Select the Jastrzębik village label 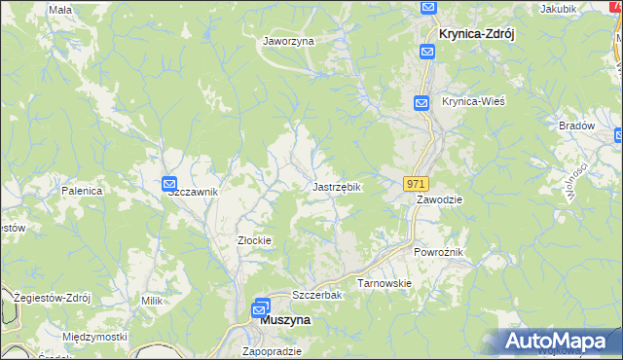[337, 186]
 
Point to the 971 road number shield [417, 183]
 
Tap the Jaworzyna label [288, 42]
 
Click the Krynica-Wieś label [473, 102]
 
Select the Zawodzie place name [439, 198]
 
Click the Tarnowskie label [385, 283]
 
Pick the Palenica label [82, 191]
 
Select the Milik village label [151, 302]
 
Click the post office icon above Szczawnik [168, 183]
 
